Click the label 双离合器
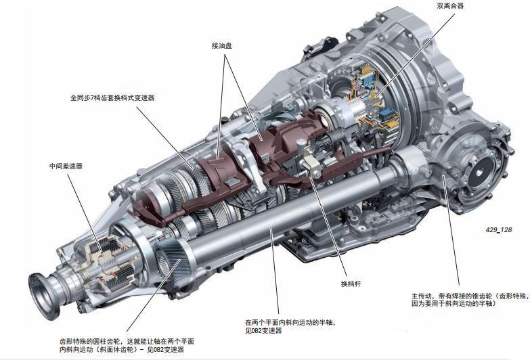(x=451, y=7)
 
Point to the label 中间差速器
(x=66, y=166)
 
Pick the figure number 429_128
(x=498, y=229)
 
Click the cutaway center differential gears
(x=108, y=261)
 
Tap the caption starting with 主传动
(x=464, y=300)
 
